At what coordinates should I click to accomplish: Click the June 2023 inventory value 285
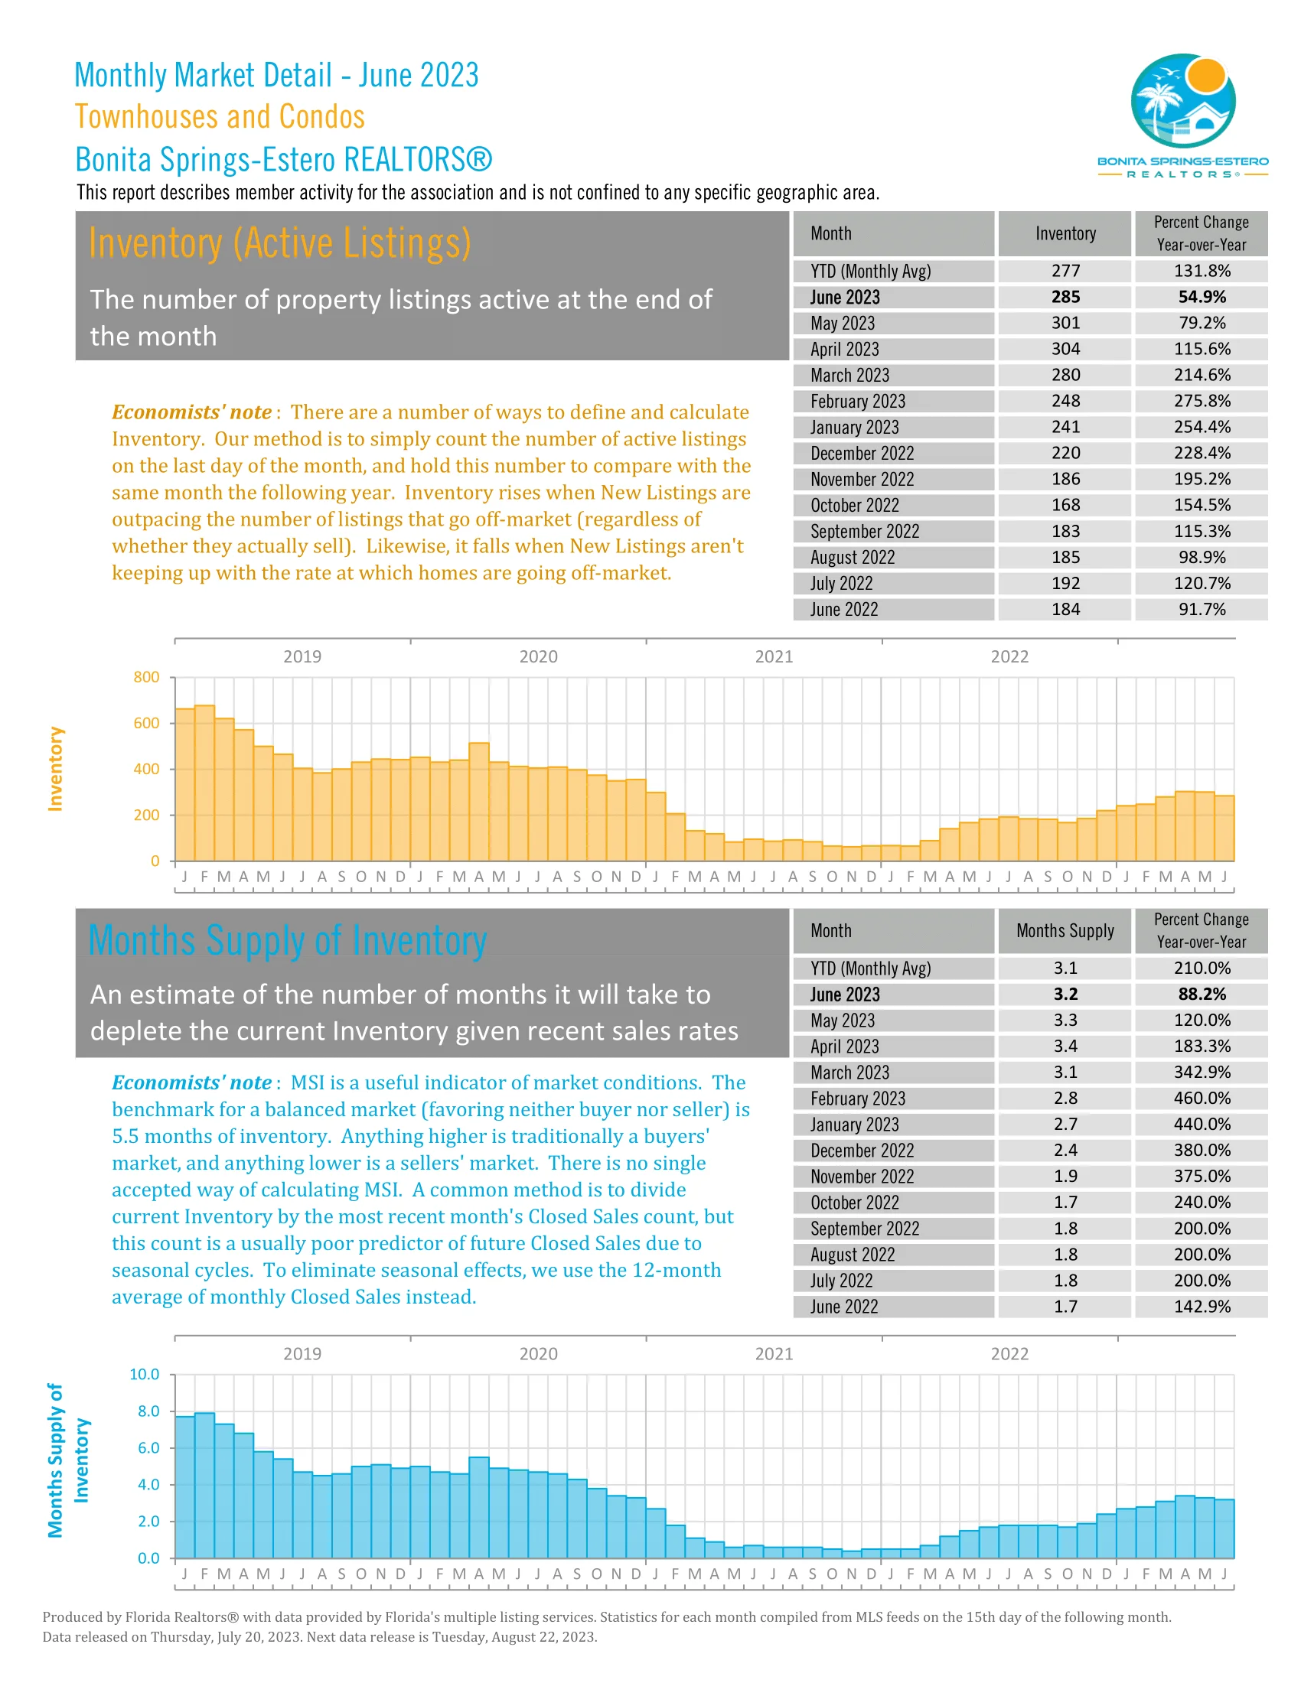coord(1065,297)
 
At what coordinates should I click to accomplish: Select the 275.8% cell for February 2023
coord(1201,401)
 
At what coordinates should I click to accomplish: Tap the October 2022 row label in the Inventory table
coord(855,506)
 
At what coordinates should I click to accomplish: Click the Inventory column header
coord(1065,233)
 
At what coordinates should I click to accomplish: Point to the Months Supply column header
coord(1065,931)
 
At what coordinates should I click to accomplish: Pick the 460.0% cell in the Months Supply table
coord(1201,1098)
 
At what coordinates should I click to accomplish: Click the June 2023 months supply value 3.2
coord(1065,994)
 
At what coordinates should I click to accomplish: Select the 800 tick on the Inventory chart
coord(146,677)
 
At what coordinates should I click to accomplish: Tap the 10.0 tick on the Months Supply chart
coord(144,1375)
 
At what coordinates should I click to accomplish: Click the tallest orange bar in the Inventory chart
coord(204,782)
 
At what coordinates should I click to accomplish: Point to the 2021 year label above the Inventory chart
coord(773,656)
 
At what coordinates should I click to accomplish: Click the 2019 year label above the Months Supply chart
coord(302,1354)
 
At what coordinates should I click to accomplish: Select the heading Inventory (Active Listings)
coord(279,243)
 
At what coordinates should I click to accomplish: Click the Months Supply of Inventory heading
coord(288,941)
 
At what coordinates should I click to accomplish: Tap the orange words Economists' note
coord(192,412)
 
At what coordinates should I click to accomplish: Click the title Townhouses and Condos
coord(220,117)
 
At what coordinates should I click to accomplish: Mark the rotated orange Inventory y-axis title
coord(55,768)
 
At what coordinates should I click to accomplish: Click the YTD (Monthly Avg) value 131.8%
coord(1201,272)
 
